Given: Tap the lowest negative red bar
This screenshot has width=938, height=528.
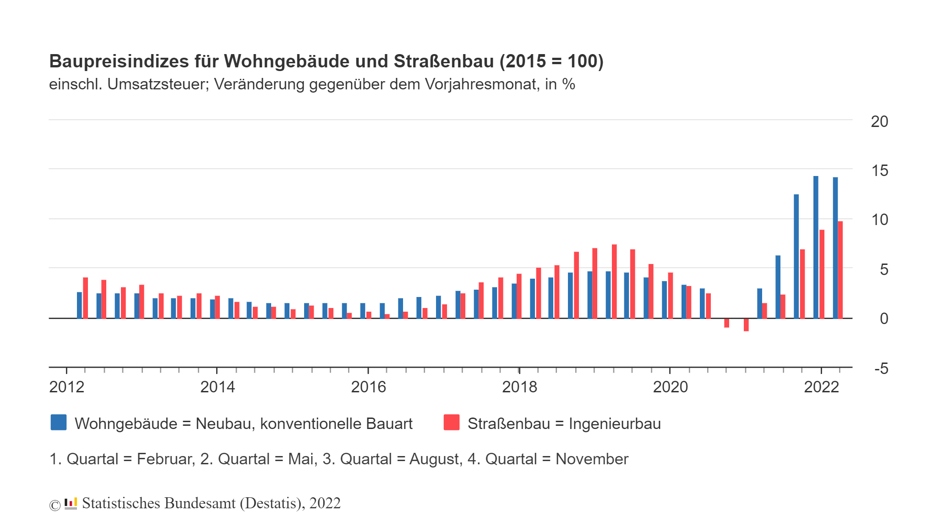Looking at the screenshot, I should [746, 325].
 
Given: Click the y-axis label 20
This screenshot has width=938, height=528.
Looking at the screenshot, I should [879, 121].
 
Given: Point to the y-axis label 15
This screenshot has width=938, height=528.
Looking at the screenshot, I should [879, 171].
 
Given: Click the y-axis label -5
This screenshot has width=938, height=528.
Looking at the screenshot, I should [881, 368].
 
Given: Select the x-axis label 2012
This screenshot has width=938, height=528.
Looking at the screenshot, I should [67, 387].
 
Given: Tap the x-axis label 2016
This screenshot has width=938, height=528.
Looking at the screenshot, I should [368, 387].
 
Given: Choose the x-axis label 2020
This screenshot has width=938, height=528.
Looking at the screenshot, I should [670, 387].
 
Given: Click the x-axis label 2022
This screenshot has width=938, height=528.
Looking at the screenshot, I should [821, 387].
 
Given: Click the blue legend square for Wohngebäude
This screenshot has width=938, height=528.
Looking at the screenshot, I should [59, 423].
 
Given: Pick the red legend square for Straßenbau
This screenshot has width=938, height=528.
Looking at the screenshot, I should [452, 423].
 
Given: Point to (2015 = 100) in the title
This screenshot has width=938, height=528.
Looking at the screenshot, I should [551, 61].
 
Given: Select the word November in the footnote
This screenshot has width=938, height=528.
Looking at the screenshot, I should [592, 459].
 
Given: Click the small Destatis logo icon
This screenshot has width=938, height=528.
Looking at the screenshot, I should [71, 503].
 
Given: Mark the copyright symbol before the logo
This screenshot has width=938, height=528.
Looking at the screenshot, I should [55, 505].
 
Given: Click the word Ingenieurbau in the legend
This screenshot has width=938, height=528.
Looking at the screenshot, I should [615, 423].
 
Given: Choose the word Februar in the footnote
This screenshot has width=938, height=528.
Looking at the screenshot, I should [165, 459].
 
